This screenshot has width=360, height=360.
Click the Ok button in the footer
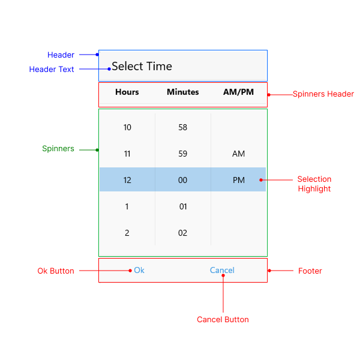tap(139, 271)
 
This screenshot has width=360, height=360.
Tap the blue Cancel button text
tap(222, 271)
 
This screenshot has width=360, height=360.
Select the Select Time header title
tap(142, 67)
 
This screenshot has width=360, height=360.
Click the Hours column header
tap(127, 92)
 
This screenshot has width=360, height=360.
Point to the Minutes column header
tap(183, 92)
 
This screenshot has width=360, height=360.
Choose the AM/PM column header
tap(238, 92)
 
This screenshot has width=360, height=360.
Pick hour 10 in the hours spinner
tap(127, 127)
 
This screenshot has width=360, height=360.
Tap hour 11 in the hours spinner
tap(127, 154)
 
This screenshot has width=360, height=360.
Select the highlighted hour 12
tap(127, 180)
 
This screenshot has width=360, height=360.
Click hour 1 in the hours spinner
tap(127, 206)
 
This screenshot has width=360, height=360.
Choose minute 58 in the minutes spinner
tap(183, 127)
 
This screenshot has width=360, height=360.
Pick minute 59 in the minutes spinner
tap(183, 154)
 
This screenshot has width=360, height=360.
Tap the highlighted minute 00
tap(183, 180)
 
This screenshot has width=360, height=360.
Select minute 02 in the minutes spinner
tap(183, 233)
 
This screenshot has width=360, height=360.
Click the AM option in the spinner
tap(238, 154)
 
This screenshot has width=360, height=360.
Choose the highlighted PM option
tap(238, 180)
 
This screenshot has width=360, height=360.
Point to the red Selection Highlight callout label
tap(314, 184)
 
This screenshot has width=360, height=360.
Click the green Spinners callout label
tap(58, 149)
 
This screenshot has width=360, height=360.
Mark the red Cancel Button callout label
tap(223, 319)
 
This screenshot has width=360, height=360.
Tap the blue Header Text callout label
tap(52, 70)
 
